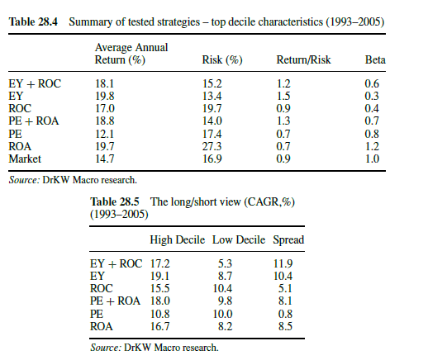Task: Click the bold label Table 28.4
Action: coord(33,22)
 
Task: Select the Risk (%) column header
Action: coord(222,59)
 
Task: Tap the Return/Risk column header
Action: coord(303,59)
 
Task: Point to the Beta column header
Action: coord(375,59)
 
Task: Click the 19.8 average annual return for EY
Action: coord(105,96)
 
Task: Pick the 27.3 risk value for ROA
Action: coord(212,146)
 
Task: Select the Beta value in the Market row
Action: coord(372,159)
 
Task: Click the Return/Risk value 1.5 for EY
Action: coord(283,96)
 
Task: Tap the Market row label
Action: coord(25,159)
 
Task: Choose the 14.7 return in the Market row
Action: coord(105,159)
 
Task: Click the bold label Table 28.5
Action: coord(115,201)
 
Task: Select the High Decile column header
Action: coord(178,239)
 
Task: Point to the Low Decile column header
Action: coord(239,239)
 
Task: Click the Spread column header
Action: coord(288,239)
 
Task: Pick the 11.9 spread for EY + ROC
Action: coord(283,263)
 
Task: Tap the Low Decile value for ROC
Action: coord(222,288)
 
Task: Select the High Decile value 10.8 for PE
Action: coord(160,314)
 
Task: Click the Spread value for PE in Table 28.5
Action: coord(285,314)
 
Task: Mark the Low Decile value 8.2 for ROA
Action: coord(226,326)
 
